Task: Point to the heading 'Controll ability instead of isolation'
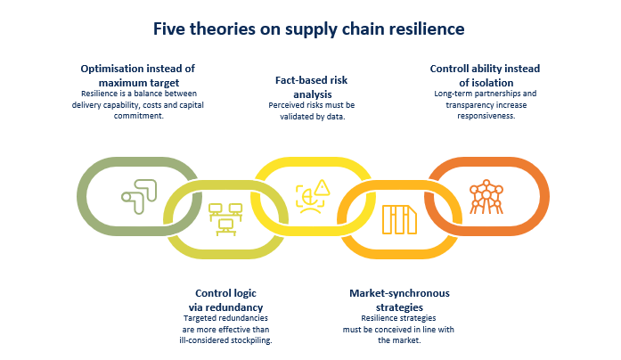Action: (486, 75)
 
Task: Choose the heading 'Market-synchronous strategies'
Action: (399, 299)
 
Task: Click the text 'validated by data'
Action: (313, 115)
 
